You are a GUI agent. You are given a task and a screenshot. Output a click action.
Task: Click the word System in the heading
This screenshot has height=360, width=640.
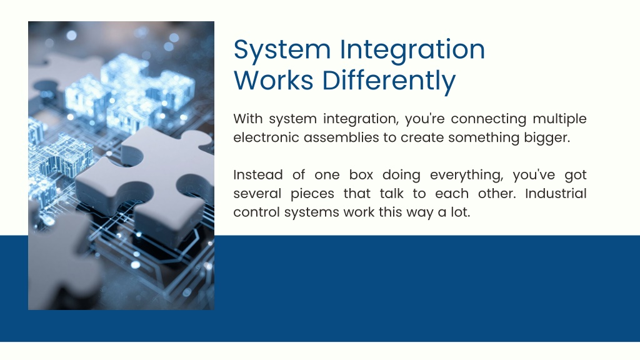[282, 50]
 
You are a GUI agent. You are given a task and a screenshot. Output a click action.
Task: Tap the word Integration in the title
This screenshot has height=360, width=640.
[412, 50]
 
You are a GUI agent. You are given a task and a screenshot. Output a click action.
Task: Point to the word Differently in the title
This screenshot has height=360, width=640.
[389, 81]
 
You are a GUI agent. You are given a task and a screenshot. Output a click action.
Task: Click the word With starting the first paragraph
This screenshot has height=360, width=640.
[247, 119]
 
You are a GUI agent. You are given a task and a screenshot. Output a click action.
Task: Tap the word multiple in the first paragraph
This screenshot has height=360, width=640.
[559, 119]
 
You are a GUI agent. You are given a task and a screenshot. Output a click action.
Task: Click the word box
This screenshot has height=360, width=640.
[361, 175]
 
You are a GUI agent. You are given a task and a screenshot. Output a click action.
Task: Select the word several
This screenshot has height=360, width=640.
[257, 194]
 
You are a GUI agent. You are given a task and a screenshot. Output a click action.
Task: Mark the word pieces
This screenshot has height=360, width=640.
[312, 194]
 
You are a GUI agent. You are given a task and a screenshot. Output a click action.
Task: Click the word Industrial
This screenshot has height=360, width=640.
[556, 193]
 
